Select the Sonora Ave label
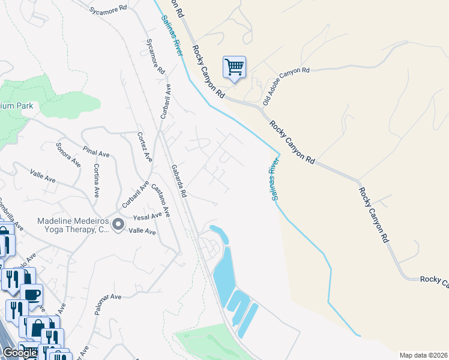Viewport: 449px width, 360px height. pos(68,153)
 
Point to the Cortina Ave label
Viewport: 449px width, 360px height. pos(95,181)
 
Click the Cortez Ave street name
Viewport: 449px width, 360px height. pos(145,147)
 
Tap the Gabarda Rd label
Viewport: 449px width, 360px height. pos(179,181)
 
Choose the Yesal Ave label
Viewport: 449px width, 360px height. pos(148,216)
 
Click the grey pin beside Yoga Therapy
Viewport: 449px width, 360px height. pos(118,225)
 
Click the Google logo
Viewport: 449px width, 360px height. pos(20,353)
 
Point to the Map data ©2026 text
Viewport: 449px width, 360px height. pos(423,355)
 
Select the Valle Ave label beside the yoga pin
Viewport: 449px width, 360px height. pos(142,231)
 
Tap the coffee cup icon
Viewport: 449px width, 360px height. pos(32,294)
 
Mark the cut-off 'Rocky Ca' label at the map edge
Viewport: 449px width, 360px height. pos(433,279)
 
